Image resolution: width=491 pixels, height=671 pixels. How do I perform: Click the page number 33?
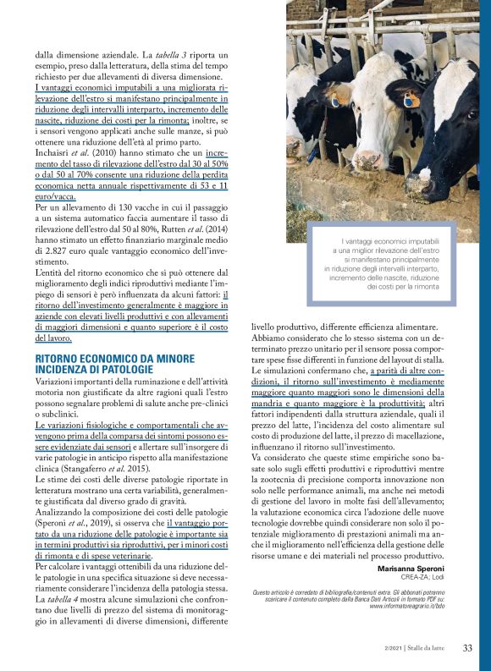[466, 648]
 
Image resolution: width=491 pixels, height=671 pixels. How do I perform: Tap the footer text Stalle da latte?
[433, 649]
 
